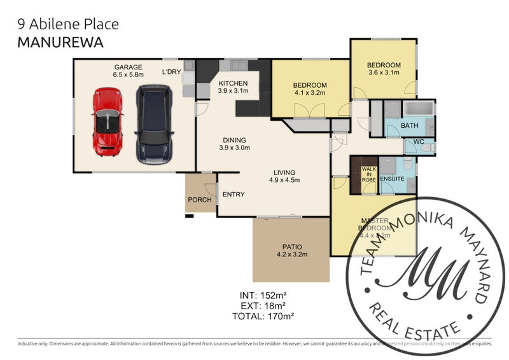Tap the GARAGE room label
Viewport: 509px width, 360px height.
coord(128,67)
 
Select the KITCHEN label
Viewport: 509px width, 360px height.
coord(233,83)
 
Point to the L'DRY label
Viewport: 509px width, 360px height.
coord(172,72)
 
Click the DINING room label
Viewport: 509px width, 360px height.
coord(234,141)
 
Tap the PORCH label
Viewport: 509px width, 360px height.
coord(200,200)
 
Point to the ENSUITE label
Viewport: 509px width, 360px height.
coord(393,179)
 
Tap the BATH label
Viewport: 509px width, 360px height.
coord(409,125)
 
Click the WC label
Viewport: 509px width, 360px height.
coord(419,141)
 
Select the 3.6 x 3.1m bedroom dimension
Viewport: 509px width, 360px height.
coord(384,73)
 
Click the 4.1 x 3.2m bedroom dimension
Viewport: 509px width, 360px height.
coord(309,93)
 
